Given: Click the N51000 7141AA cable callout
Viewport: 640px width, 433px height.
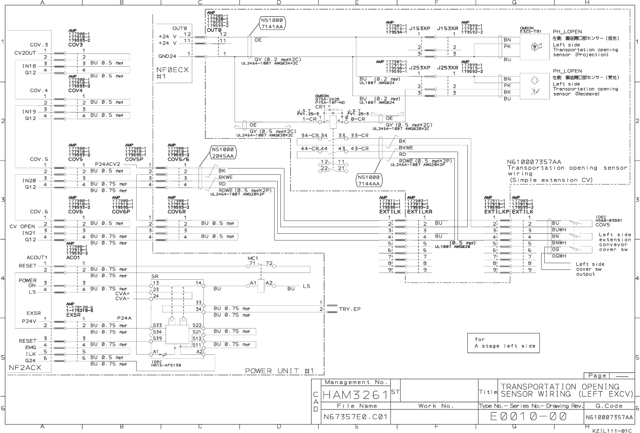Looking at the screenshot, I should click(271, 23).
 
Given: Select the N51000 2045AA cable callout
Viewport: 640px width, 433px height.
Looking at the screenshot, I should click(223, 152).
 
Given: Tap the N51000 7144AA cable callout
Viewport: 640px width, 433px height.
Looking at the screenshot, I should click(369, 180).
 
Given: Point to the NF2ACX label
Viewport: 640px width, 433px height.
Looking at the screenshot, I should click(25, 368).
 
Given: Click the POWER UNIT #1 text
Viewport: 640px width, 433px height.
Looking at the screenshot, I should click(279, 371).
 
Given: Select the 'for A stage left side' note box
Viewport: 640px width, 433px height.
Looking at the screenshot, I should click(503, 343).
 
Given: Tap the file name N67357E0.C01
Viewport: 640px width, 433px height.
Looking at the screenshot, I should click(355, 417).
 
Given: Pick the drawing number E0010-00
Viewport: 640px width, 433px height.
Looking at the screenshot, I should click(528, 417).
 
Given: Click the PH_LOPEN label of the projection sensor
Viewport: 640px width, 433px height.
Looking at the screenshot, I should click(567, 32).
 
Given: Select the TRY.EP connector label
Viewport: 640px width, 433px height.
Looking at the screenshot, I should click(350, 309).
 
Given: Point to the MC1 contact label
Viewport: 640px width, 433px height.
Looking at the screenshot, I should click(253, 258).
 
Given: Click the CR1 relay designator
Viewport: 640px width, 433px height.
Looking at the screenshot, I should click(320, 107).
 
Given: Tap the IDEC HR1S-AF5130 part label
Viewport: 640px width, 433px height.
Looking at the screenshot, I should click(166, 363).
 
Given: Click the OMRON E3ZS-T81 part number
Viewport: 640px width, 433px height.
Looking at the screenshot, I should click(530, 30).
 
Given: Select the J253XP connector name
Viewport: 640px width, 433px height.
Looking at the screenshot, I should click(420, 68).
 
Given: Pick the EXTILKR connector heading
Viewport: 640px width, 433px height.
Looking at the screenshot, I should click(419, 212).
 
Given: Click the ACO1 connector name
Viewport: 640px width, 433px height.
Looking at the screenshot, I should click(73, 257).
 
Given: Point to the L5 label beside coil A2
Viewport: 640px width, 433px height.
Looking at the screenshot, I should click(306, 286).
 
